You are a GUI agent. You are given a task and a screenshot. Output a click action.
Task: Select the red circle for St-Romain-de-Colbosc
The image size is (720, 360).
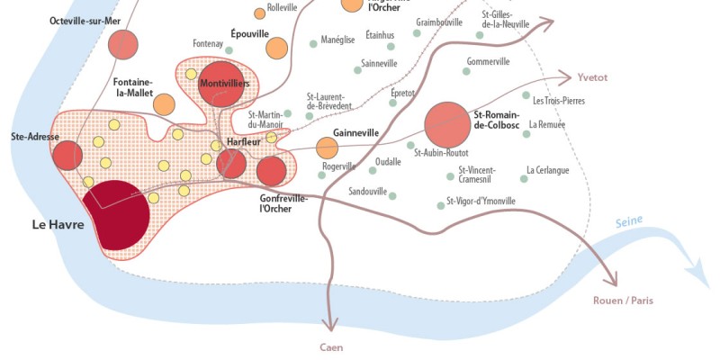pos(447,124)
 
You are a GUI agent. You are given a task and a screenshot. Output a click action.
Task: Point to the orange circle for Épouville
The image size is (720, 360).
pos(277,48)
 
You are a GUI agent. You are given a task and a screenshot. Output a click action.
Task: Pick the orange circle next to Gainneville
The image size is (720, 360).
pos(327,147)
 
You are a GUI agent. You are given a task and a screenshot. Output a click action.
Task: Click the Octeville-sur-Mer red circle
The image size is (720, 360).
pos(123,44)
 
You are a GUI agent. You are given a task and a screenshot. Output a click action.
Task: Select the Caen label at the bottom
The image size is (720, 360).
pos(331,346)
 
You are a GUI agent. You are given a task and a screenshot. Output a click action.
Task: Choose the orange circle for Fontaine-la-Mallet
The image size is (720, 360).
pos(164,103)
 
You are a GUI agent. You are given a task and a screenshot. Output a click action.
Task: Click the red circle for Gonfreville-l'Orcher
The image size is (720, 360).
pos(271,170)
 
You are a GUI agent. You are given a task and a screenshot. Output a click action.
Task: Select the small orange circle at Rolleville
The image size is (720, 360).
pos(259,13)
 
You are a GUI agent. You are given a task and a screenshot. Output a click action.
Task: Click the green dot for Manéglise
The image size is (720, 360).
pos(313,42)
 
